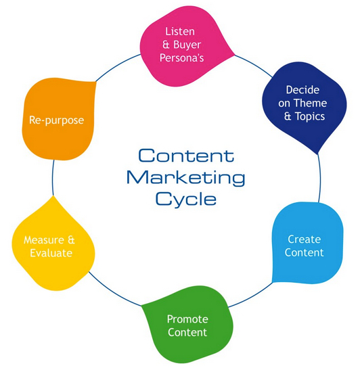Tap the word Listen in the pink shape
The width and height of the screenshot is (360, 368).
(179, 32)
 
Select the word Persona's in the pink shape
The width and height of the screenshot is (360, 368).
(185, 57)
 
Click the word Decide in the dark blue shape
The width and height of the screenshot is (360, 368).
(301, 90)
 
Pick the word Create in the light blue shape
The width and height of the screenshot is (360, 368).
(305, 239)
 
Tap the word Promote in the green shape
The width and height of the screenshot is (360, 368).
(187, 319)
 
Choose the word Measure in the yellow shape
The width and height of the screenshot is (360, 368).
(43, 240)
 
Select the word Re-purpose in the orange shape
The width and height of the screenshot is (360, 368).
(57, 120)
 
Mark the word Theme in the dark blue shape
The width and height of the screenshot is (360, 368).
(312, 103)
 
